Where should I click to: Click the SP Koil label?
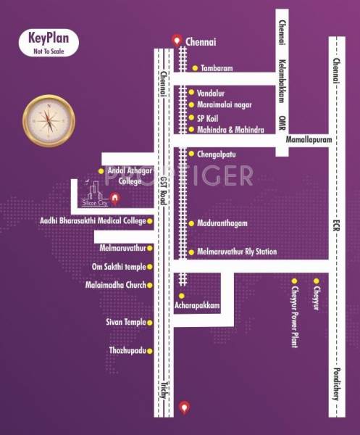(211, 117)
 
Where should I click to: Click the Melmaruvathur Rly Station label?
(237, 252)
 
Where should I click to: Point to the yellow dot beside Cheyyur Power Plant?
(294, 281)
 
